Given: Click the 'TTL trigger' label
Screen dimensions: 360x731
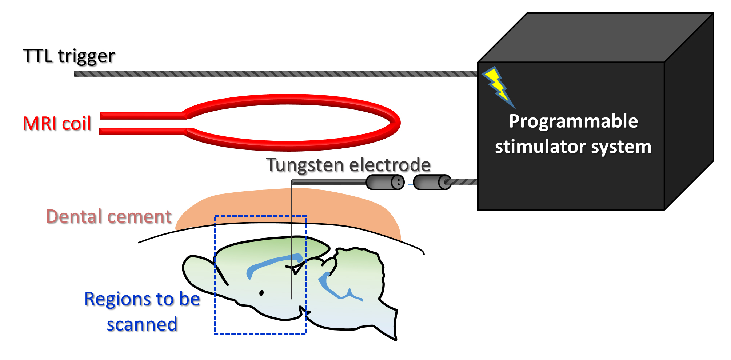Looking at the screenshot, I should coord(69,56).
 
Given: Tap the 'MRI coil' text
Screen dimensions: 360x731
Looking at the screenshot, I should coord(57,124).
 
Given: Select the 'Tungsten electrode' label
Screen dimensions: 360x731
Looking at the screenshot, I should coord(348,165).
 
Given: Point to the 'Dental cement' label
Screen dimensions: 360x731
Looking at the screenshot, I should coord(109,217).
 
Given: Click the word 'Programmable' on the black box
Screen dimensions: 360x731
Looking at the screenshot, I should coord(573,121).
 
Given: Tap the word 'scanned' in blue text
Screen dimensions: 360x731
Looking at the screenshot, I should coord(142,324).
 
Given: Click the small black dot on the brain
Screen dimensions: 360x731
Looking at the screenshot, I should coord(261,293).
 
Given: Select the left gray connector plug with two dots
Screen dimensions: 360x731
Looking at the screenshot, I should coord(385,182).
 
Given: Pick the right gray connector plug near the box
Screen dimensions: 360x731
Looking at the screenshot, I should coord(432,182).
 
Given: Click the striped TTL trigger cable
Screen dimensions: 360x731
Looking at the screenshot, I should coord(273,74).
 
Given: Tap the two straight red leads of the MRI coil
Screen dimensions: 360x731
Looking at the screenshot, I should coord(142,124).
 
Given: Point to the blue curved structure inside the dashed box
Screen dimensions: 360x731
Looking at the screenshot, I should coord(273,263).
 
